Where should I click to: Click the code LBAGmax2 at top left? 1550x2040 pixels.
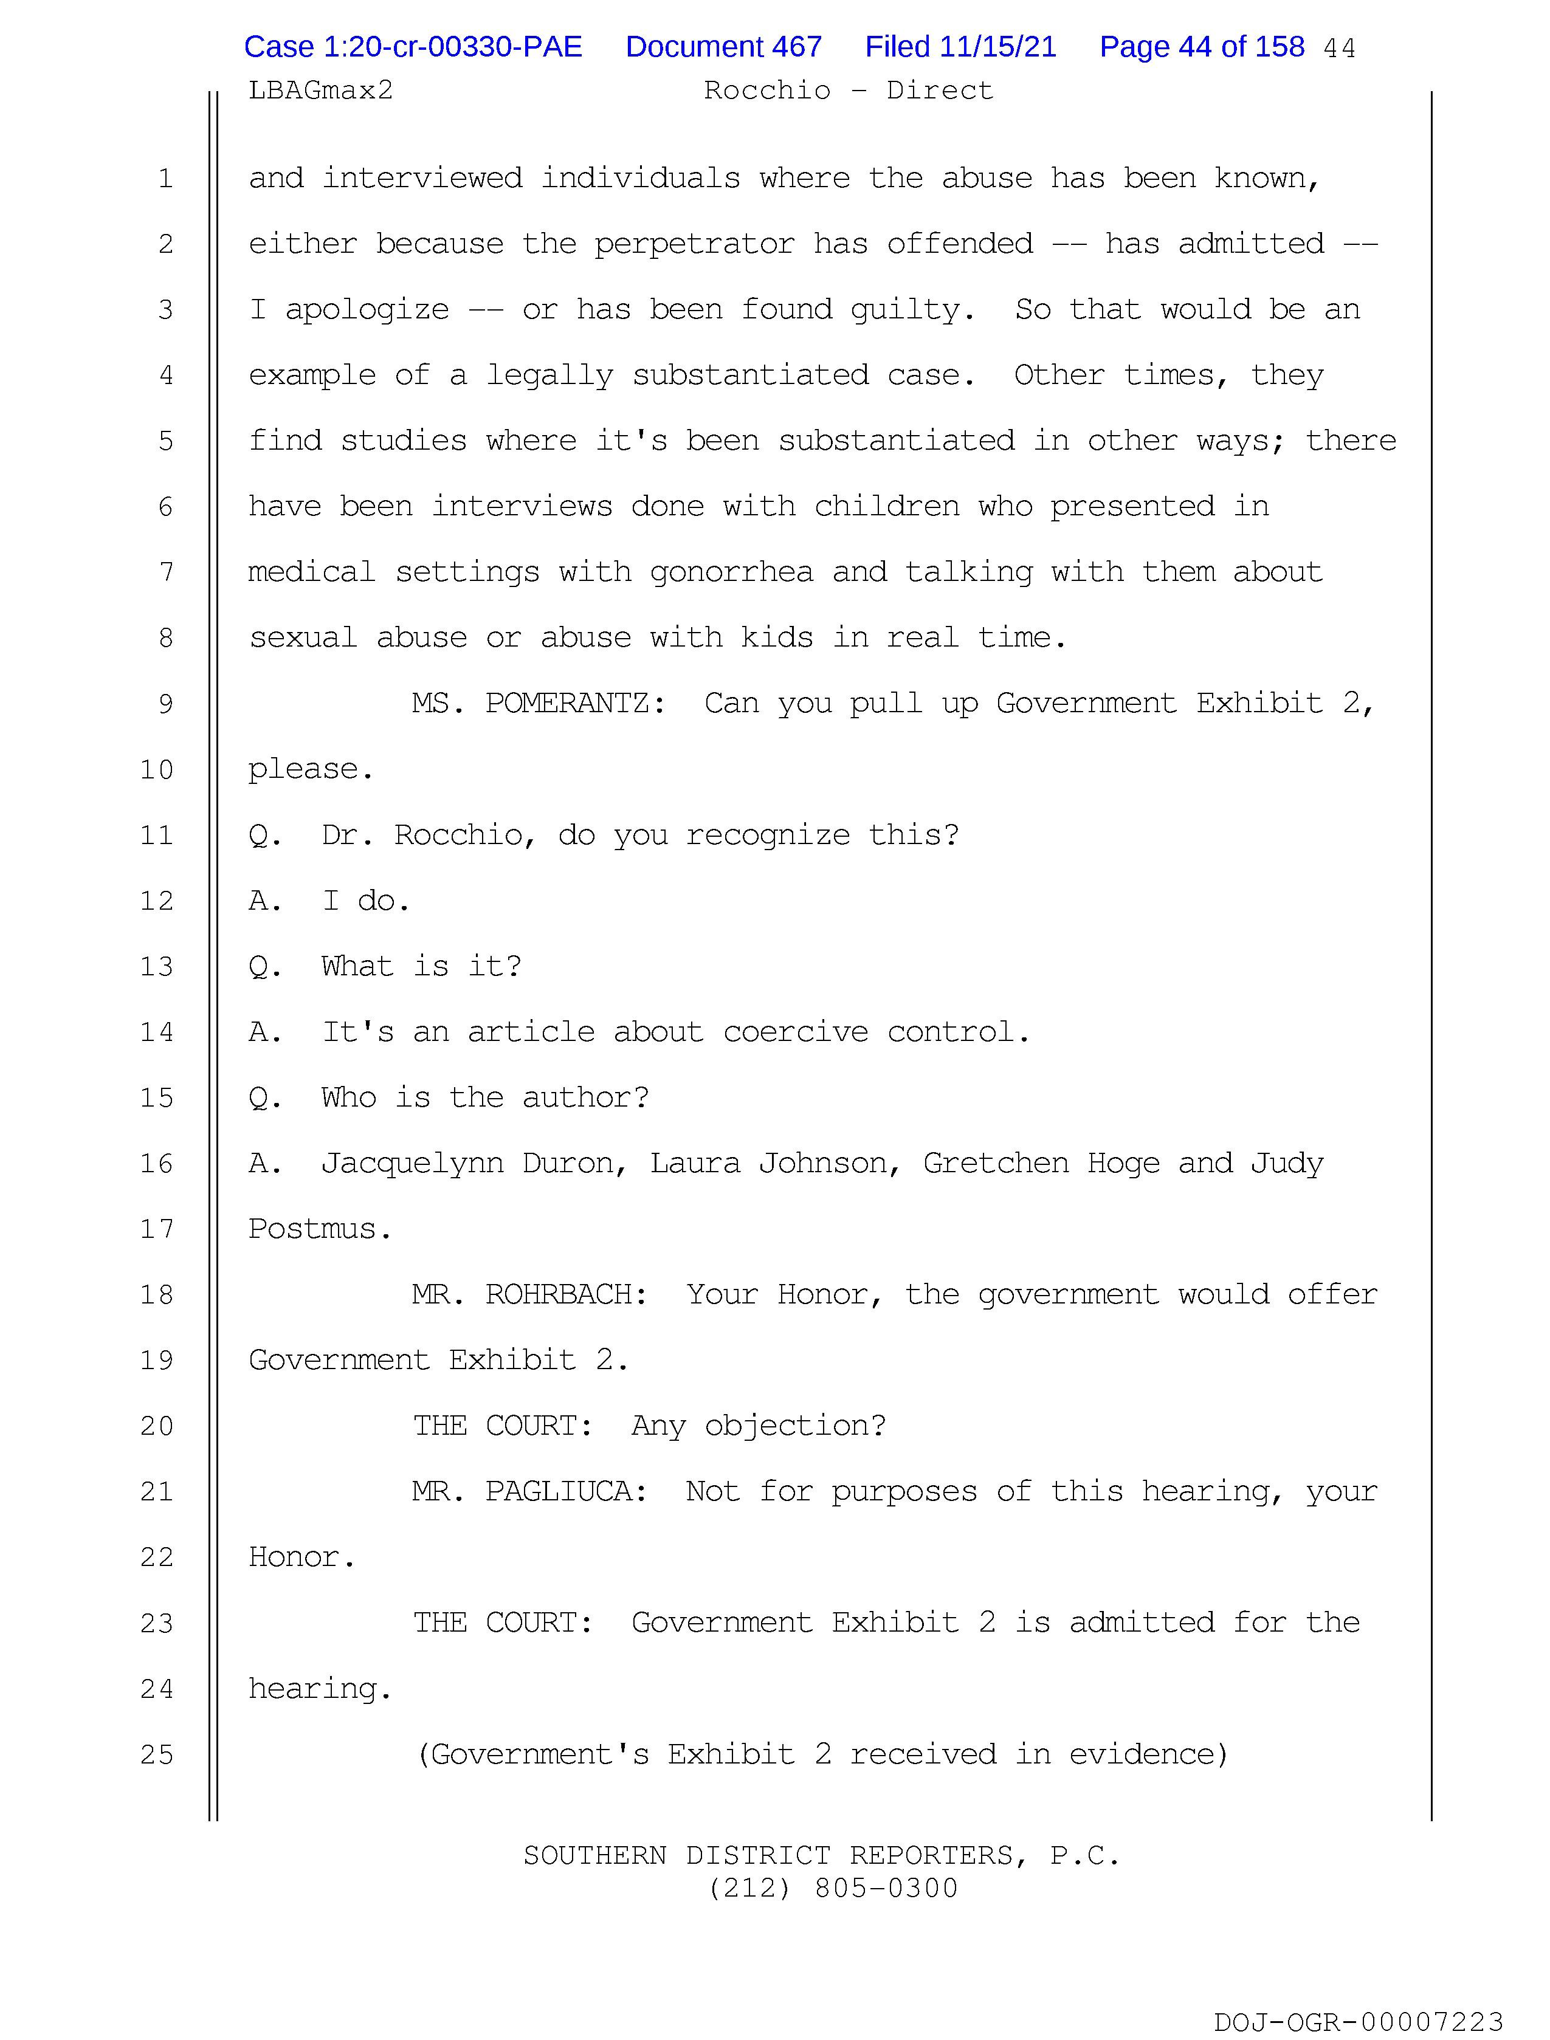pyautogui.click(x=320, y=91)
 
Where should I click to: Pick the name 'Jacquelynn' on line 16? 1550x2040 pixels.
pyautogui.click(x=412, y=1164)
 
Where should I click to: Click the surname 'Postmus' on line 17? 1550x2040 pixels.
pyautogui.click(x=313, y=1229)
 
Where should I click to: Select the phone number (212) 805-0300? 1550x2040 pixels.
pyautogui.click(x=833, y=1889)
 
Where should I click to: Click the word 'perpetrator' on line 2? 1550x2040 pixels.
pyautogui.click(x=694, y=244)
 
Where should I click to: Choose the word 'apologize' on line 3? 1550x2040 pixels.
pyautogui.click(x=367, y=311)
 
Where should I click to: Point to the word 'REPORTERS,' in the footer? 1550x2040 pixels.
pyautogui.click(x=939, y=1855)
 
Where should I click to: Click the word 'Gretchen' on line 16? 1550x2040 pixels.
pyautogui.click(x=996, y=1164)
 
